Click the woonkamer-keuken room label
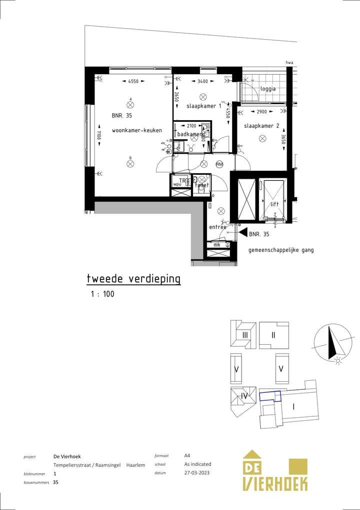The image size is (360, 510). click(x=136, y=130)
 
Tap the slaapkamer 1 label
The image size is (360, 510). click(x=204, y=106)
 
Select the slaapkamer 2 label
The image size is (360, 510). click(x=261, y=126)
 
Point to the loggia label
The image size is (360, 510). click(x=267, y=89)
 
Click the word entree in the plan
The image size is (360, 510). click(x=217, y=227)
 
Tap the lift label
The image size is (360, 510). click(x=274, y=204)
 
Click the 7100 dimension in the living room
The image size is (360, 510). click(x=99, y=135)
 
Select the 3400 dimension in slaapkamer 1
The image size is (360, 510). click(x=203, y=81)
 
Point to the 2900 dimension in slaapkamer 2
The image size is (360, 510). click(x=261, y=112)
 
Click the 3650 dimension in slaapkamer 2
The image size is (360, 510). click(x=283, y=139)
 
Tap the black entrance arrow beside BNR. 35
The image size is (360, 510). click(x=242, y=233)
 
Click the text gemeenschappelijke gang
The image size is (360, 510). click(x=281, y=249)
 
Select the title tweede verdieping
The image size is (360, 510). click(x=133, y=279)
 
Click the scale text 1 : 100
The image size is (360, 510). click(x=102, y=294)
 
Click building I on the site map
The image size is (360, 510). click(x=293, y=406)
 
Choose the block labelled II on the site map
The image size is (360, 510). click(x=273, y=335)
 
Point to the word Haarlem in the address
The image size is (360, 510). click(x=135, y=465)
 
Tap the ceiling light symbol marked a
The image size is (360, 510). click(x=130, y=105)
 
